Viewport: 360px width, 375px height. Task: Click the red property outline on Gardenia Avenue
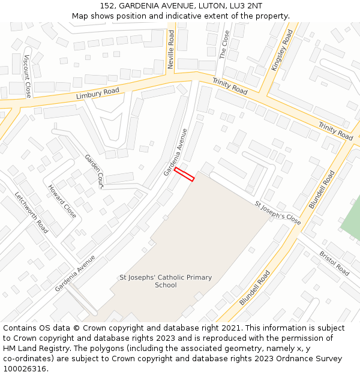click(x=184, y=174)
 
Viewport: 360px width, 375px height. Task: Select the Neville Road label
click(x=171, y=49)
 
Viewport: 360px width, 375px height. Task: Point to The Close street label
click(x=224, y=44)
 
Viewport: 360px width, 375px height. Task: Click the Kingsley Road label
click(x=281, y=51)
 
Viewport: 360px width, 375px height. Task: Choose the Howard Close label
click(x=62, y=201)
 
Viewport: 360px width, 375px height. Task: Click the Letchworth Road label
click(x=31, y=212)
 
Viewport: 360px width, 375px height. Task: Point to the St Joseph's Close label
click(x=277, y=212)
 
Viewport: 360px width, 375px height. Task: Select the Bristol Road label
click(x=334, y=263)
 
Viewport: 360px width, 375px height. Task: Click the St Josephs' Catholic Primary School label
click(x=166, y=281)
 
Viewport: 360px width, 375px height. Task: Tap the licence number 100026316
click(x=24, y=369)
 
